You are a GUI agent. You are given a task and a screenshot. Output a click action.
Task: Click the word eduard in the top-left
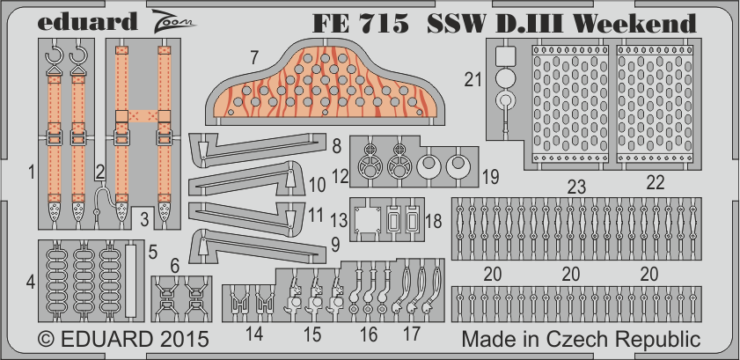[87, 22]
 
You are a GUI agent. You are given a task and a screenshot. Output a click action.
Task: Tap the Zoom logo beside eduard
[172, 19]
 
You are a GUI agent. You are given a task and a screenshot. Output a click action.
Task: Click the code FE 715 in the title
[360, 23]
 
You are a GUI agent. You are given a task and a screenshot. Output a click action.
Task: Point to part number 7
[254, 57]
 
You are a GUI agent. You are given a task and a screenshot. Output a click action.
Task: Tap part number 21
[473, 80]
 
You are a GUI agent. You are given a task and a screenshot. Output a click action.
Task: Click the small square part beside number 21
[505, 56]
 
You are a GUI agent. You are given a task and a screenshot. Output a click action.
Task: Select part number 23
[576, 187]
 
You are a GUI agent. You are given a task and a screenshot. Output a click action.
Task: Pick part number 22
[655, 182]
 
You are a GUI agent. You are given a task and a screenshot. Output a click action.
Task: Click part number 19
[490, 177]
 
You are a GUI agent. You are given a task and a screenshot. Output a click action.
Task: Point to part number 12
[341, 176]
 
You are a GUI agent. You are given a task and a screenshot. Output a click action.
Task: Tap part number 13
[341, 219]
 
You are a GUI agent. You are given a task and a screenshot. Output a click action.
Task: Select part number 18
[433, 221]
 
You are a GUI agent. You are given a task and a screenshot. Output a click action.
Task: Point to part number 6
[175, 267]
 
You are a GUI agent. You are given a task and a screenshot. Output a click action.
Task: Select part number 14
[254, 334]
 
